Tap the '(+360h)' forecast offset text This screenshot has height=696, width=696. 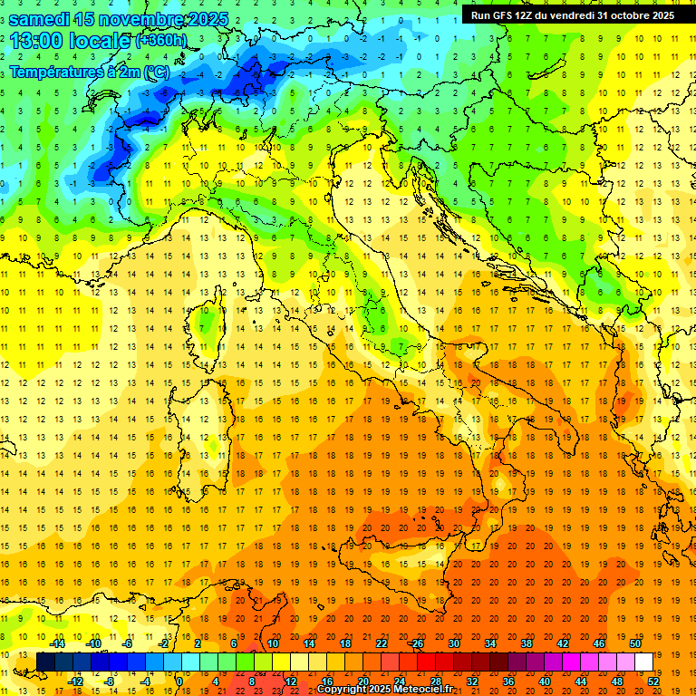coord(161,41)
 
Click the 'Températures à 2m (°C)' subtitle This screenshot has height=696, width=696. coord(88,72)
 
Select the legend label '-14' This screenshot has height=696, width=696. coord(57,643)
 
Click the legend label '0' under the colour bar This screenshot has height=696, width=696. coord(179,681)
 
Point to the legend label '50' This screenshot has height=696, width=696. coord(634,643)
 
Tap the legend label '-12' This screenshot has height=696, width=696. coord(75,681)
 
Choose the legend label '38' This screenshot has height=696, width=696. coord(526,643)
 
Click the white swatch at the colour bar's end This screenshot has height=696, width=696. coord(643,662)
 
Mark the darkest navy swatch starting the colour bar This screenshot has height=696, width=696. coord(45,662)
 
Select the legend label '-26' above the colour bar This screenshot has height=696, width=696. coord(416,643)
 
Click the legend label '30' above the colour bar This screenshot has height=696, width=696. coord(453,643)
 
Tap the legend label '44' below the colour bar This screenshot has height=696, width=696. coord(581,681)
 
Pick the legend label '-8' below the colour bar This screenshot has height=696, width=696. coord(111,681)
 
